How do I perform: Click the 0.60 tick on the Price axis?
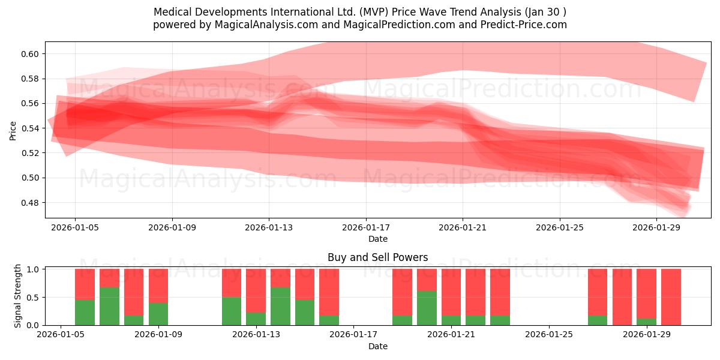[x=30, y=54]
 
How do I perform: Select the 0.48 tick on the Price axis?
[x=30, y=202]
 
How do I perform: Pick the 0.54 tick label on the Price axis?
[x=30, y=128]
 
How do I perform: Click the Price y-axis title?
[x=13, y=130]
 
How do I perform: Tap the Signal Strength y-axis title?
[x=18, y=296]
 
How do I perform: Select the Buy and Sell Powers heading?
[x=377, y=257]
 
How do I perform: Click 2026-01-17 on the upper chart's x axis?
[x=366, y=228]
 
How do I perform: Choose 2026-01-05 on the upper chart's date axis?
[x=75, y=228]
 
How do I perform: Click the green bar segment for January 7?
[x=109, y=307]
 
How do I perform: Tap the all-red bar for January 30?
[x=671, y=297]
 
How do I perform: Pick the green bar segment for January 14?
[x=280, y=307]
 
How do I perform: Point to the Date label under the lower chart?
[x=377, y=346]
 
